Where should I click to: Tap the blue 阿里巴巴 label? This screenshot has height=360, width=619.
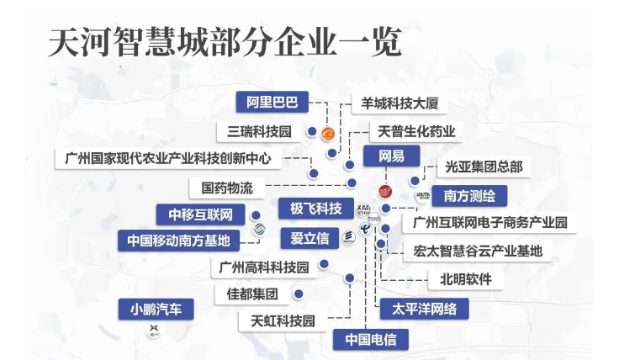[x=272, y=103]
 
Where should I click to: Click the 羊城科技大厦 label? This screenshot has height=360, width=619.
[x=398, y=104]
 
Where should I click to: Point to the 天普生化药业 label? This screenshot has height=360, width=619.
[x=415, y=131]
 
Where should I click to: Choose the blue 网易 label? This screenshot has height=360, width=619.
[x=391, y=157]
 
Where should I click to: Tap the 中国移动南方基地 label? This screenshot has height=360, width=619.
[x=177, y=240]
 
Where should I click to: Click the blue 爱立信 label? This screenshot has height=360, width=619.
[x=309, y=237]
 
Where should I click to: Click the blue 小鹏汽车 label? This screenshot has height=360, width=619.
[x=156, y=309]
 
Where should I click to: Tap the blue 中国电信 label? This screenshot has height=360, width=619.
[x=370, y=339]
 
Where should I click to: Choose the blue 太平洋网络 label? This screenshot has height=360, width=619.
[x=424, y=309]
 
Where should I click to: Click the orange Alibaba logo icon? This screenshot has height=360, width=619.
[x=328, y=132]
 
